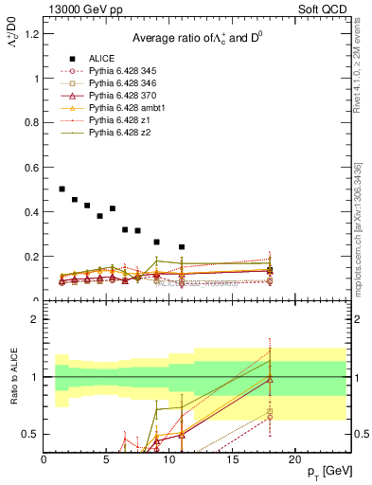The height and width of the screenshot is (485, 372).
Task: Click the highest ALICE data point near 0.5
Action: tap(62, 189)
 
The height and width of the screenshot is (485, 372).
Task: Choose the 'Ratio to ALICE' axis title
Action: tap(12, 376)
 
